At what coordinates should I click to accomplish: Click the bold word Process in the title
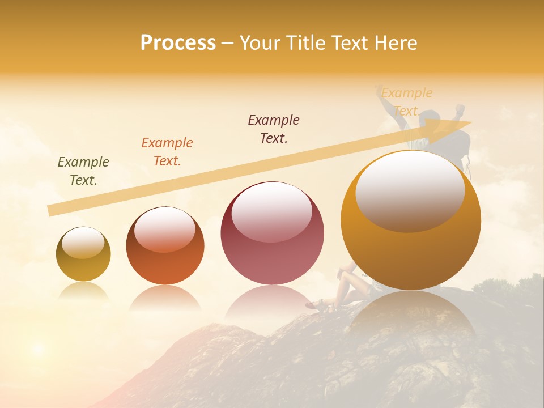coord(178,43)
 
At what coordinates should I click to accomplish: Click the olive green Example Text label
coord(83,171)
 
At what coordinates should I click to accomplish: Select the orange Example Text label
coord(167,152)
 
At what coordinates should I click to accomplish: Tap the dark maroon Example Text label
coord(274,129)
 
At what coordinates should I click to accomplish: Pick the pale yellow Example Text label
coord(407,101)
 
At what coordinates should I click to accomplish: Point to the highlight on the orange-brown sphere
coord(164,228)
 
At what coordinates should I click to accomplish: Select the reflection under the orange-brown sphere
coord(165,297)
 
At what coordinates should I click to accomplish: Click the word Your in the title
coord(258,43)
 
